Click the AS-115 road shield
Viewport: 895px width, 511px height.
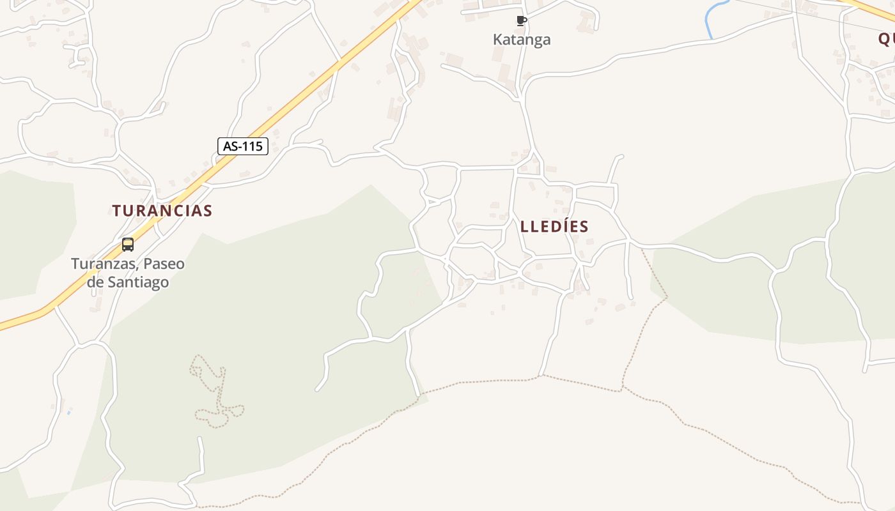(242, 146)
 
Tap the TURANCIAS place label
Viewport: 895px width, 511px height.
(162, 211)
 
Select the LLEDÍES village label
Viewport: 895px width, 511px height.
(554, 227)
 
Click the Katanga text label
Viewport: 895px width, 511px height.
(522, 40)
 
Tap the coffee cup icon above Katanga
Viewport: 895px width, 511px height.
(522, 20)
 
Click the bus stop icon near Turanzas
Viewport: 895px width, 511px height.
(128, 245)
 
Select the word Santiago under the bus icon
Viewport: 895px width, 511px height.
(137, 282)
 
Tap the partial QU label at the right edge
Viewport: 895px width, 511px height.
(886, 39)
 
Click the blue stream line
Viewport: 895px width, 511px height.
(710, 19)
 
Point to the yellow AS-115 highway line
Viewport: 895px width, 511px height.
(307, 89)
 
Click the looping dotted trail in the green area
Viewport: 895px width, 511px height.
(217, 396)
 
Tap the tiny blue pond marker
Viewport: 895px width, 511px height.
(68, 412)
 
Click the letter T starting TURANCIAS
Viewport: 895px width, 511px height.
(117, 211)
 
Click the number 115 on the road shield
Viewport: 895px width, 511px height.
(252, 146)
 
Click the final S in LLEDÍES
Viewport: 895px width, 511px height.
(584, 227)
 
